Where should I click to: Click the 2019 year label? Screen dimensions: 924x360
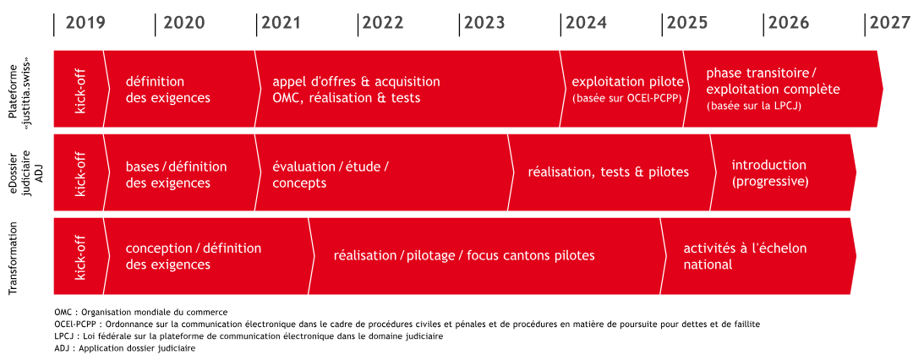[x=85, y=23]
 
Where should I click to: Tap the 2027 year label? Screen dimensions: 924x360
[x=890, y=23]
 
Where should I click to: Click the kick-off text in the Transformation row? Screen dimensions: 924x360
[x=80, y=256]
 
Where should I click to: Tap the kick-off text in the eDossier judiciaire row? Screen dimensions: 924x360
[x=80, y=172]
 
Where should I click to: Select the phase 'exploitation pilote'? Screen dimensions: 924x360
[x=628, y=81]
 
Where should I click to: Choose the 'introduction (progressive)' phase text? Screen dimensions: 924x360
[x=769, y=173]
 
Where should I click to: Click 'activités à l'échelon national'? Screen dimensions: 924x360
[x=745, y=256]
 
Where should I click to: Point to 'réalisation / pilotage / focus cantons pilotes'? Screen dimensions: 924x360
[x=464, y=256]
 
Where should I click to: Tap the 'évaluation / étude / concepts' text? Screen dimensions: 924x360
[x=331, y=174]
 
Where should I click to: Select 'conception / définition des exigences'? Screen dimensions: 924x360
[x=194, y=256]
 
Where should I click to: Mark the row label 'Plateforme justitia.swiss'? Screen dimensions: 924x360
[x=19, y=89]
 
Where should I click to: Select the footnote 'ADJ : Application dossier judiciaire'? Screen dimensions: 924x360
[x=124, y=348]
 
